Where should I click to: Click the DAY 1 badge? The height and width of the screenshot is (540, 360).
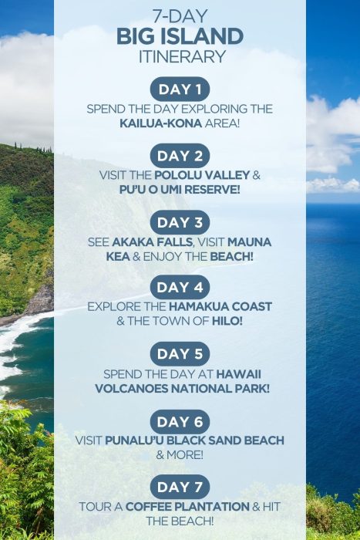180,89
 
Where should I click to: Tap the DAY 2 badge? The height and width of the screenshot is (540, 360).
180,156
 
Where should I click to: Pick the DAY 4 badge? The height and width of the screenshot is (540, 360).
180,287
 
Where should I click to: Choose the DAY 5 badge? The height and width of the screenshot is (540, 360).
180,354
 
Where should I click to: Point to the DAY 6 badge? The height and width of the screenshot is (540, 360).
180,421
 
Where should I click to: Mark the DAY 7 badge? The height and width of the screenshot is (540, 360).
180,487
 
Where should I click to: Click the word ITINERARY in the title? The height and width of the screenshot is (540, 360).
180,56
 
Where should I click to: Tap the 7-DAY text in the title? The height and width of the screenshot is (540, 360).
180,16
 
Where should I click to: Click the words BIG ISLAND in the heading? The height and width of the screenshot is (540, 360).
180,35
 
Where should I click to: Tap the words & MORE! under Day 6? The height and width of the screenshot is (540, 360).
180,455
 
